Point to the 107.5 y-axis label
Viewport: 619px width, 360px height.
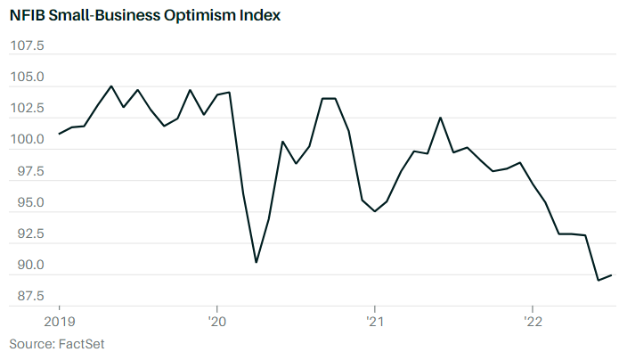(27, 45)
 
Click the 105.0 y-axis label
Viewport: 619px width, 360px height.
(27, 78)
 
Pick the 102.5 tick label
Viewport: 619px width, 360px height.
(27, 109)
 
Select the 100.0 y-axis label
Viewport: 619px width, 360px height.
(27, 140)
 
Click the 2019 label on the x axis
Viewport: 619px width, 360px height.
(59, 319)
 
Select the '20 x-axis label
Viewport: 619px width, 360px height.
(217, 319)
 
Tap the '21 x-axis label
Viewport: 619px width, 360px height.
(374, 319)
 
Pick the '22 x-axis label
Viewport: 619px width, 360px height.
(532, 319)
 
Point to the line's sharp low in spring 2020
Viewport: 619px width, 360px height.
(257, 262)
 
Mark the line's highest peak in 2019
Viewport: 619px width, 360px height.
(111, 86)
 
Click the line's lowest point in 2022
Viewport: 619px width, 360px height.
(598, 280)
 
